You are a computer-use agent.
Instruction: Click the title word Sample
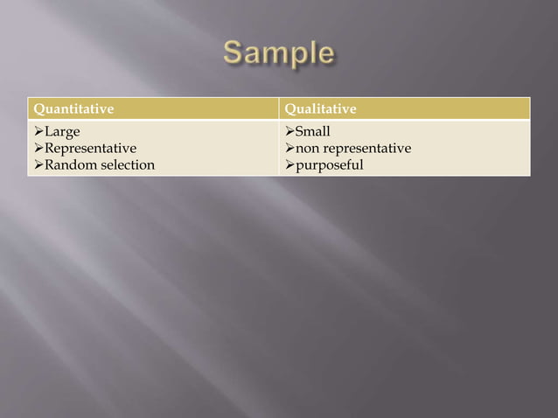tap(278, 54)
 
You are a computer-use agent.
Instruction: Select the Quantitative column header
tap(73, 109)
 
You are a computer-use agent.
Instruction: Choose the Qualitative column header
tap(321, 109)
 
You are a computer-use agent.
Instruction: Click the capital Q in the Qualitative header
tap(290, 109)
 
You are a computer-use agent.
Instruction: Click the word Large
tap(62, 132)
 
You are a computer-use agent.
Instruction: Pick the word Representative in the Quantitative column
tap(90, 149)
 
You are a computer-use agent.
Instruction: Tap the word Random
tap(69, 165)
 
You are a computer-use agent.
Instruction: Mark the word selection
tap(126, 165)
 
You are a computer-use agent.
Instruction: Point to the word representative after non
tap(367, 149)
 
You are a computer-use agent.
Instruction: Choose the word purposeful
tap(330, 165)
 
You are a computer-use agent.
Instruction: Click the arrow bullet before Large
tap(38, 132)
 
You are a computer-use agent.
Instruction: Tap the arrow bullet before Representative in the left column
tap(38, 149)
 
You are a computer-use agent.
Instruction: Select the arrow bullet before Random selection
tap(38, 165)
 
